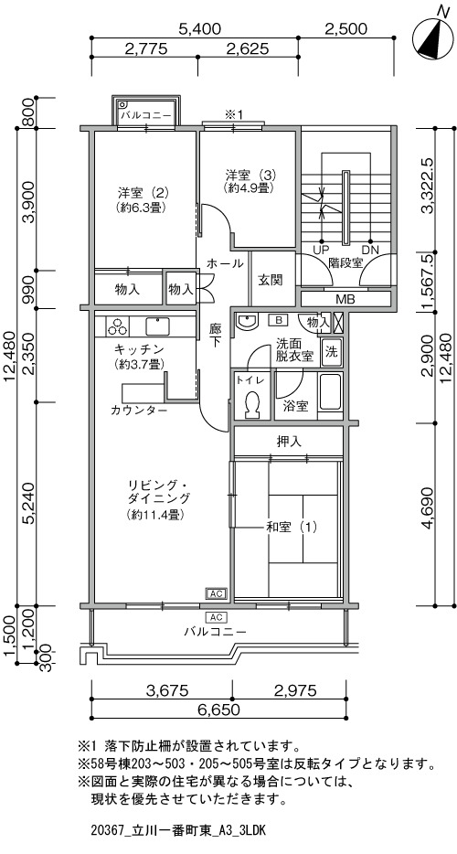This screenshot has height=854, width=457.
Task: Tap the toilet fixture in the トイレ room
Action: [x=251, y=405]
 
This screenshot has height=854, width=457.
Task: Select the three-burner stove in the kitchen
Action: [x=116, y=326]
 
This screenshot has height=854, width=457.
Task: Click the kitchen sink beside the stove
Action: [x=157, y=326]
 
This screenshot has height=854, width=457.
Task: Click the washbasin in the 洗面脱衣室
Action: [x=248, y=323]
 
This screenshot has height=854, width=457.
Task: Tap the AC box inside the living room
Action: [x=216, y=593]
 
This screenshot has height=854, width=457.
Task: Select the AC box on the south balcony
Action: [x=216, y=617]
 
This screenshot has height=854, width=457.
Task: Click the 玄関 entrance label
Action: [x=270, y=280]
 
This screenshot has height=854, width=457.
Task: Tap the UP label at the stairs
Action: [x=320, y=250]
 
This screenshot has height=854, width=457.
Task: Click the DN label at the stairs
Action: [x=370, y=250]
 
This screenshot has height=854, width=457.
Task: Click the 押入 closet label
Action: [x=289, y=441]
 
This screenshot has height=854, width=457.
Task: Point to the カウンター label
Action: [x=139, y=411]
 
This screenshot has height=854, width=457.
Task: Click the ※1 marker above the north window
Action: [x=233, y=113]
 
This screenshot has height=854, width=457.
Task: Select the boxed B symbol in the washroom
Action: [x=277, y=319]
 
